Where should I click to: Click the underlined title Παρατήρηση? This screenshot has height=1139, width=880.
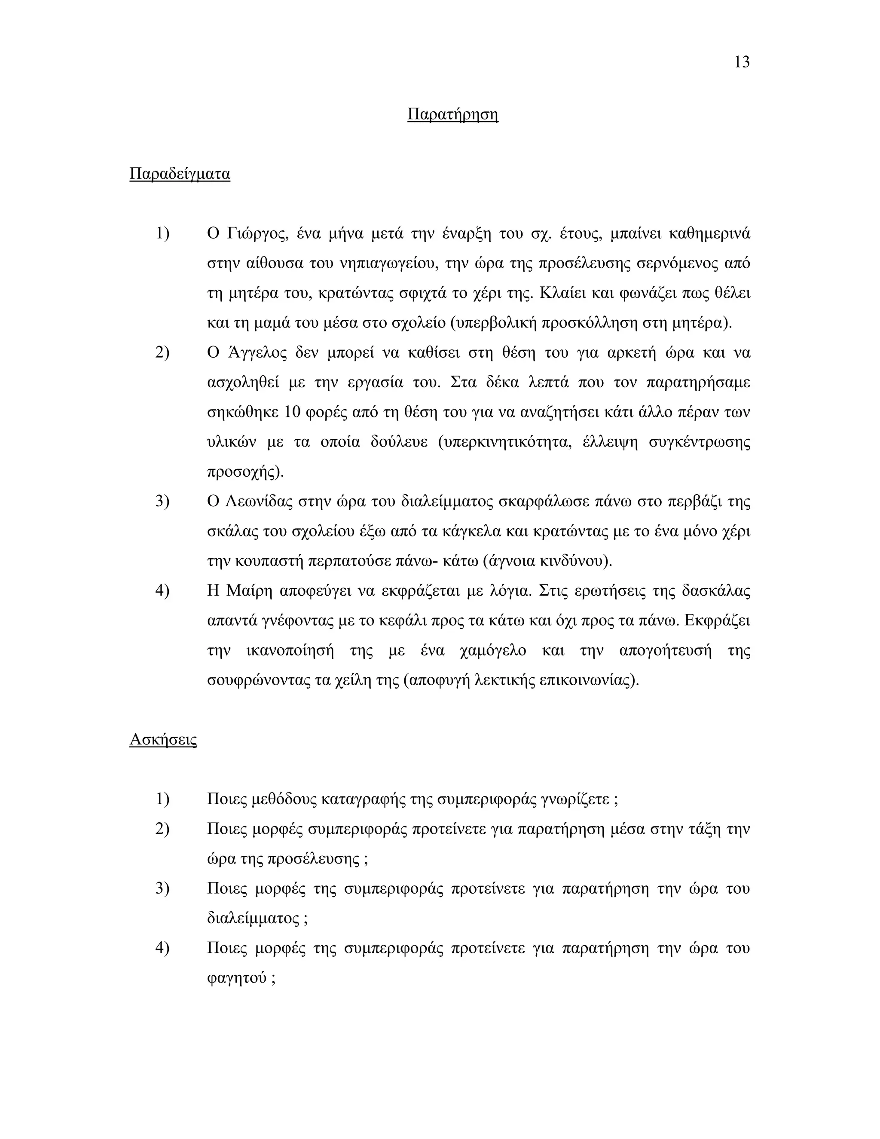click(x=452, y=114)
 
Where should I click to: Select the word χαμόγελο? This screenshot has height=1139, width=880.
click(x=493, y=651)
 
